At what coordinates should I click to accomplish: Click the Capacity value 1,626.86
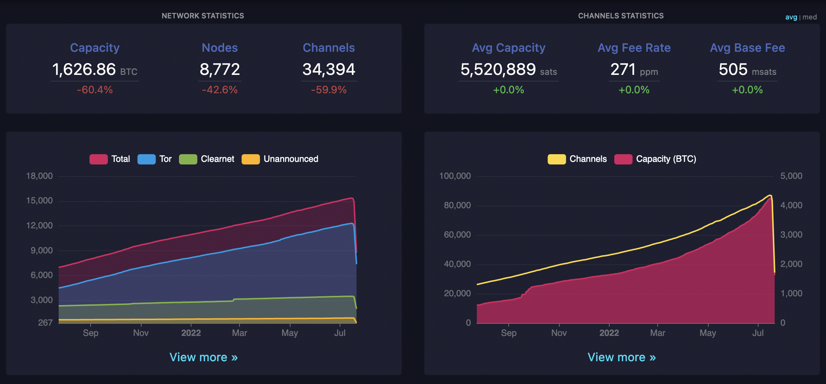(x=84, y=69)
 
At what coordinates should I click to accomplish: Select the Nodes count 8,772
(x=220, y=69)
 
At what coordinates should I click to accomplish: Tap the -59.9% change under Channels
(x=329, y=90)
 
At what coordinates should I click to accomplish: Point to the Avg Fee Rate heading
(x=634, y=48)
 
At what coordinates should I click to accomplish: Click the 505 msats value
(x=733, y=69)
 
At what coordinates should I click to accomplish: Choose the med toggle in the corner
(x=809, y=17)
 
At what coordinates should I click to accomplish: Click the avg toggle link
(x=791, y=17)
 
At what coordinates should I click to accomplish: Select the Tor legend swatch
(x=146, y=159)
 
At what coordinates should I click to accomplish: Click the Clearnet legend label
(x=217, y=159)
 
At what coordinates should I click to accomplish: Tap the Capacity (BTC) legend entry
(x=666, y=159)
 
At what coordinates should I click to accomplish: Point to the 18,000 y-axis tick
(x=39, y=176)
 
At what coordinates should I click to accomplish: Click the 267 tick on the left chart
(x=45, y=323)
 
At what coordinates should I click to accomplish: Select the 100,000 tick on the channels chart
(x=455, y=176)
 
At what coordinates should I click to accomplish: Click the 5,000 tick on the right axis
(x=791, y=176)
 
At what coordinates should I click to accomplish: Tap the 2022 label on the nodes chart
(x=191, y=333)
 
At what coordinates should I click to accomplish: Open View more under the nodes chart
(x=204, y=357)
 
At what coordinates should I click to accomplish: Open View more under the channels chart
(x=622, y=357)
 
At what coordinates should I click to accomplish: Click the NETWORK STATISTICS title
(x=203, y=16)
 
